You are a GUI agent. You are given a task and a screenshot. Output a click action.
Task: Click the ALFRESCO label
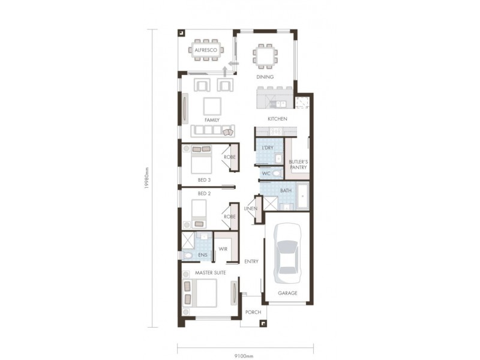point(205,50)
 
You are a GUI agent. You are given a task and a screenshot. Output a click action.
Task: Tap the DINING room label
point(265,77)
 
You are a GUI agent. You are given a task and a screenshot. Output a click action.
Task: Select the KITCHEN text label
point(277,119)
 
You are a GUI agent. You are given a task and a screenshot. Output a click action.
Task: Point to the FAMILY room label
point(212,120)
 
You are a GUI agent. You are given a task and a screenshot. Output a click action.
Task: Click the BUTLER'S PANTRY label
point(298,164)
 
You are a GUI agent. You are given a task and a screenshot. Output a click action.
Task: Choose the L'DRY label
point(268,147)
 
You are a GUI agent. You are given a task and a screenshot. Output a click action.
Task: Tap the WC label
point(266,174)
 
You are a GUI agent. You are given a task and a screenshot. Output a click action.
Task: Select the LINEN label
point(251,209)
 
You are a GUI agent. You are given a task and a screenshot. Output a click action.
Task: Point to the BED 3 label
point(204,179)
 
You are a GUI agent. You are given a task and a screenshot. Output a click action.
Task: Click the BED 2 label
point(204,193)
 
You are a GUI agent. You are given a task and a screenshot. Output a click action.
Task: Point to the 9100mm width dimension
point(243,355)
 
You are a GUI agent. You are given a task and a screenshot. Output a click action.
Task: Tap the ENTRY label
point(251,262)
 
